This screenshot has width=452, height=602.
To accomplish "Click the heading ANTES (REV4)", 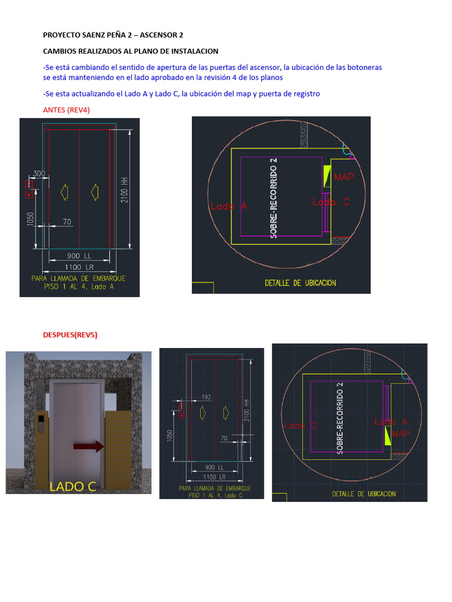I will coord(67,110).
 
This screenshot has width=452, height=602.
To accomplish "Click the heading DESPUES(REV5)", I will coord(70,335).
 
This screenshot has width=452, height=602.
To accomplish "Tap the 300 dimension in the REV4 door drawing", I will coord(39,173).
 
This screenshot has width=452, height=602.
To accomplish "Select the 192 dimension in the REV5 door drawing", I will coord(206,397).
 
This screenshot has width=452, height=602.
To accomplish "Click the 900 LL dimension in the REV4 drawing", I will coord(79,256).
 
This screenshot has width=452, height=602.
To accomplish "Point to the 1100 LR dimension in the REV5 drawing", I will coord(214,476).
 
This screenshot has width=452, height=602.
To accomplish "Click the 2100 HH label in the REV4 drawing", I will coord(124,190).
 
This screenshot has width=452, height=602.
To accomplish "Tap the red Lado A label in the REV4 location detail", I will coord(228,206).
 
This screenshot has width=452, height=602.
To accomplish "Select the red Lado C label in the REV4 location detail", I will coord(331,202).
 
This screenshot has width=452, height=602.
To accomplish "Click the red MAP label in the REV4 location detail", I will coord(344,176).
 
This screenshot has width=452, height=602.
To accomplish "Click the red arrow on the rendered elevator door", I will coord(88,447).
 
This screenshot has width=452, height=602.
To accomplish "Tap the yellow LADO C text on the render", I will coord(73,486).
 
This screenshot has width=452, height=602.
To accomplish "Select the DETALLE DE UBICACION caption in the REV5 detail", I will coord(364,494).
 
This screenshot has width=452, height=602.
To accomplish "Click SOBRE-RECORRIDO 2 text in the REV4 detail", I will coord(274,198).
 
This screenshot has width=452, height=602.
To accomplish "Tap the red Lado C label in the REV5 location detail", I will coord(300,426).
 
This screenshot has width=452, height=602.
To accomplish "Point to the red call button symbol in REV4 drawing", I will coord(27,189).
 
